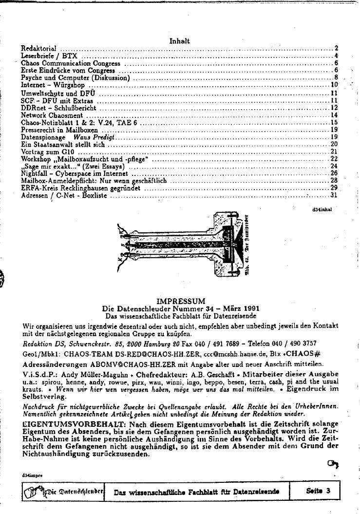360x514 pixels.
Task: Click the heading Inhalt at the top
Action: click(x=179, y=41)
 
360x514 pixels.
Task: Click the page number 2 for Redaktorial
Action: click(x=336, y=49)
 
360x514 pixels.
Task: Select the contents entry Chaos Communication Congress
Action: click(x=71, y=63)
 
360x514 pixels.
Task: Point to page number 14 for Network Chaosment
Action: click(x=334, y=115)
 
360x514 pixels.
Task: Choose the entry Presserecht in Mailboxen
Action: click(x=59, y=130)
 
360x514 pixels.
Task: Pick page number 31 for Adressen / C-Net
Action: click(x=334, y=195)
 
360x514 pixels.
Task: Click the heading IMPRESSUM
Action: click(x=181, y=301)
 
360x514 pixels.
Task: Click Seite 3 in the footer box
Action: click(x=318, y=491)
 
